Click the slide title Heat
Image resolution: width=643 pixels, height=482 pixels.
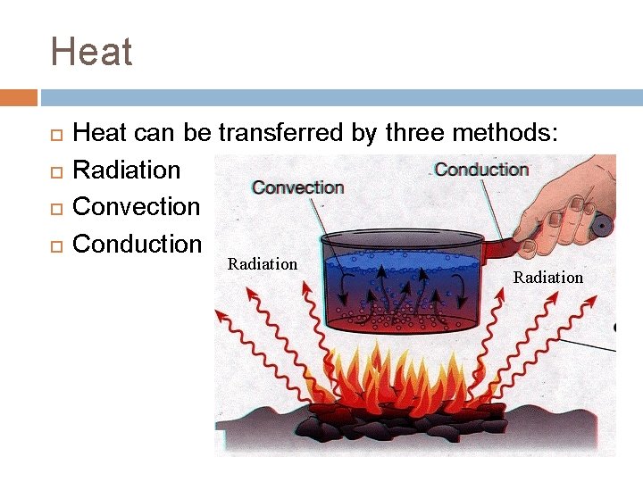pos(92,52)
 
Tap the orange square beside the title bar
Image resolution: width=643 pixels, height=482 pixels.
pos(18,97)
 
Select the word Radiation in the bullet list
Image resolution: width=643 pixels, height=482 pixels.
pos(126,170)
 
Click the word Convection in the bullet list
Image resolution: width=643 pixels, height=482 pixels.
pos(136,206)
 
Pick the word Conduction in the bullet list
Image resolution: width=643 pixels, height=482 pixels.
pos(137,243)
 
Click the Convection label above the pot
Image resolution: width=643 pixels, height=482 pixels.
pos(297,187)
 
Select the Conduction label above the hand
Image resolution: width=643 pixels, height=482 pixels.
pos(481,170)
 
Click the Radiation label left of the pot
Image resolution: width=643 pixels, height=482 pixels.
pos(263,263)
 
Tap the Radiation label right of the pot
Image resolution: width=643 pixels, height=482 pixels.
pos(547,278)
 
